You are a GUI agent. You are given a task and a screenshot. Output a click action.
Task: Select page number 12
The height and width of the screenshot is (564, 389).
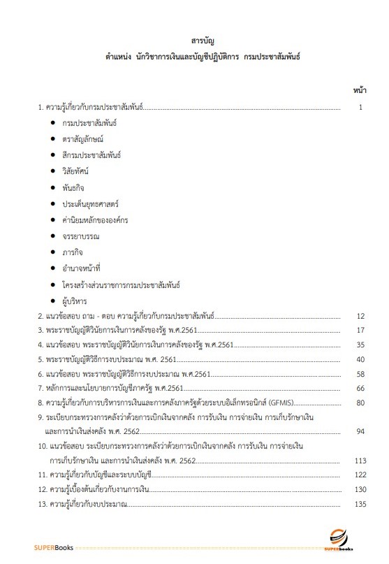pos(360,317)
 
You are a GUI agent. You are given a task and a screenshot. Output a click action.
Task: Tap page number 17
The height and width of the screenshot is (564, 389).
pos(360,330)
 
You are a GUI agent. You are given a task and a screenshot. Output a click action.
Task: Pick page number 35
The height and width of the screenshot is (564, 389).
pos(360,345)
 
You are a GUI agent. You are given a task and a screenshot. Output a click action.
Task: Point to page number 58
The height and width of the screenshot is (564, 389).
pos(360,374)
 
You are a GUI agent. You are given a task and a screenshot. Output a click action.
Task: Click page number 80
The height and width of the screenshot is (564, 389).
pos(360,403)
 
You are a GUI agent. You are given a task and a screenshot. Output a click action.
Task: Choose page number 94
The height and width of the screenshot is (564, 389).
pos(360,431)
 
